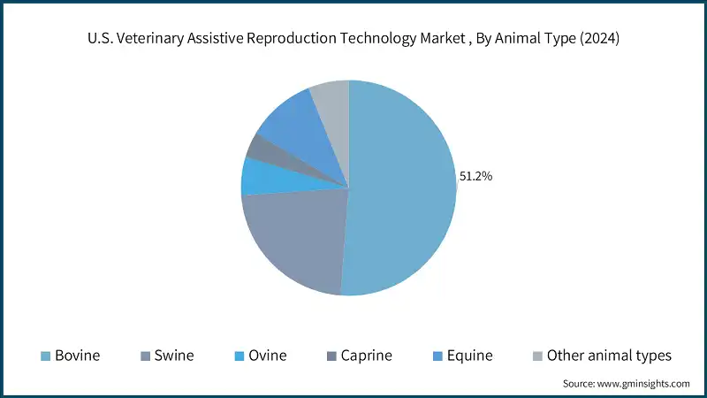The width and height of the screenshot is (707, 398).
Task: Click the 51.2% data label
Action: click(x=475, y=176)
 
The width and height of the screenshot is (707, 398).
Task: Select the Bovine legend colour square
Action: click(x=44, y=356)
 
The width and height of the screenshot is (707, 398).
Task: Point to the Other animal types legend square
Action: click(x=536, y=356)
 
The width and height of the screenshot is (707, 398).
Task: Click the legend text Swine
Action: click(x=175, y=356)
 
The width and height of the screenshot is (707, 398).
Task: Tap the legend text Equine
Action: click(x=469, y=356)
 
